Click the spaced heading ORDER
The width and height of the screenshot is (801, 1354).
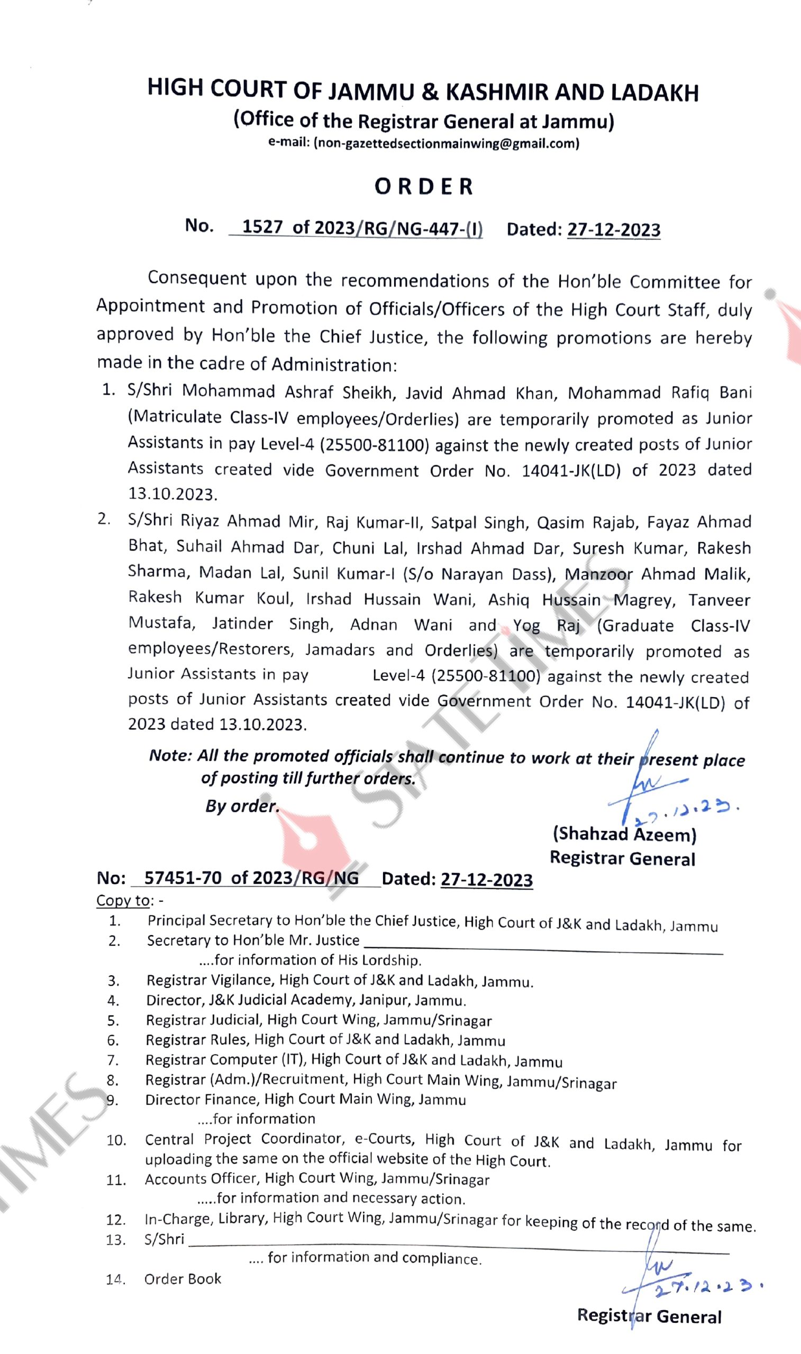coord(424,187)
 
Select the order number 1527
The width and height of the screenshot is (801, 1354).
coord(262,227)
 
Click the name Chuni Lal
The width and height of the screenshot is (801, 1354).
coord(368,548)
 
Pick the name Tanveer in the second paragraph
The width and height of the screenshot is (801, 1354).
coord(719,600)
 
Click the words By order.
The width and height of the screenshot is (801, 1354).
coord(242,806)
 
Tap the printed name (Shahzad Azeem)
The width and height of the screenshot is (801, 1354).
coord(624,835)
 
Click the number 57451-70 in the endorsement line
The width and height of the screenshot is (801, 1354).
coord(183,878)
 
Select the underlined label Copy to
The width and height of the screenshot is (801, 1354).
coord(123,900)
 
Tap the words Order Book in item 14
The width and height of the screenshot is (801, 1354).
coord(183,1279)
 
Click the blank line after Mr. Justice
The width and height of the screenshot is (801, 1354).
coord(542,948)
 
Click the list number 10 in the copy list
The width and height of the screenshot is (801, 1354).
coord(116,1141)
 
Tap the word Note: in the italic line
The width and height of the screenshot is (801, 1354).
coord(170,755)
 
